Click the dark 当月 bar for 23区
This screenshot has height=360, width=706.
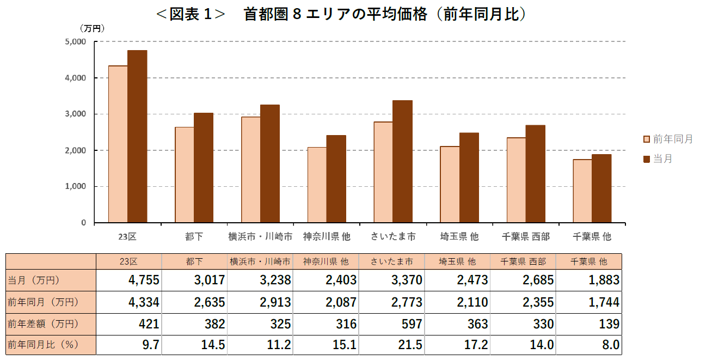click(137, 136)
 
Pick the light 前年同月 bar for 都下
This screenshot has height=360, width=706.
click(184, 175)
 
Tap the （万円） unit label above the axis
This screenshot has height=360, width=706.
click(92, 28)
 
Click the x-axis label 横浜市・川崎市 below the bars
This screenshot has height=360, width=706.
click(260, 237)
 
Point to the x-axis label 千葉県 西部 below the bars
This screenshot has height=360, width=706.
click(525, 237)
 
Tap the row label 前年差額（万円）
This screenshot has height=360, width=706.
click(43, 324)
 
